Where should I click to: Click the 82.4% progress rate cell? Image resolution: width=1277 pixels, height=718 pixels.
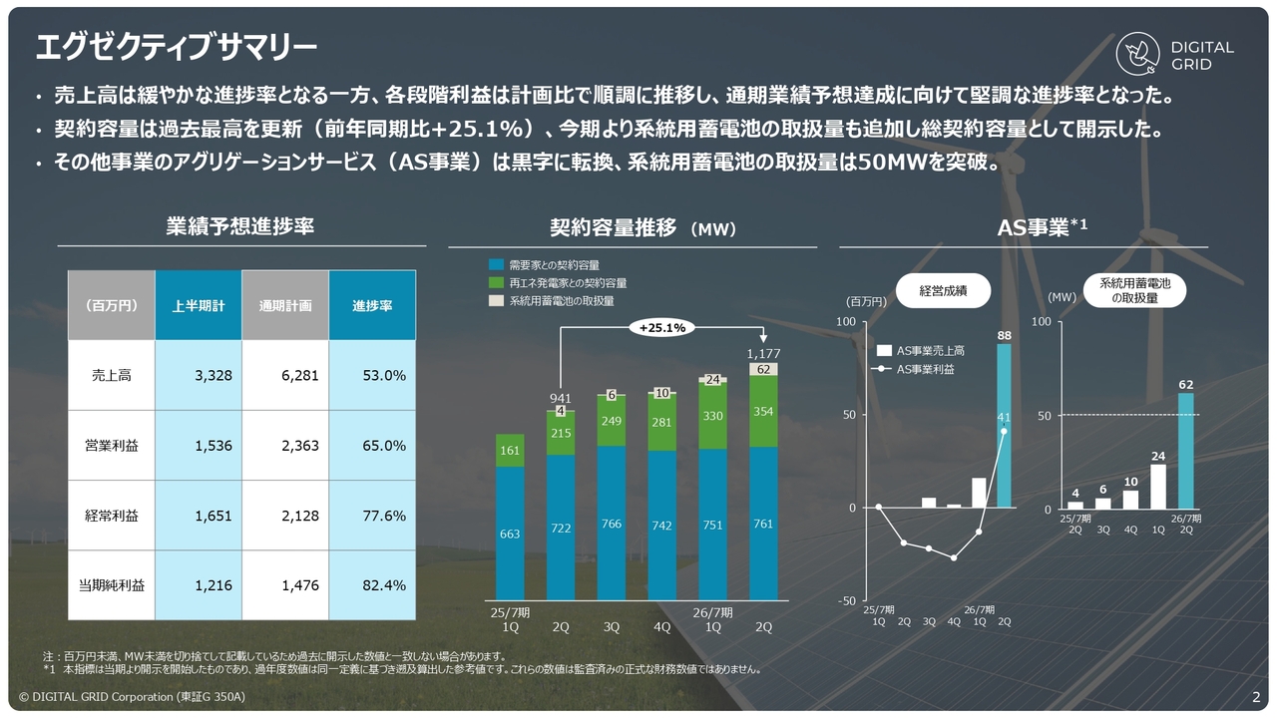click(372, 585)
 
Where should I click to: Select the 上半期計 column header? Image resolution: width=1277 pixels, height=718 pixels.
click(198, 305)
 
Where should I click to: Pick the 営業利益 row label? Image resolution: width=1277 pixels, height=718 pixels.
click(112, 446)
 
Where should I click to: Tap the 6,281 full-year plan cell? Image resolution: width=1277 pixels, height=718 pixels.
click(284, 376)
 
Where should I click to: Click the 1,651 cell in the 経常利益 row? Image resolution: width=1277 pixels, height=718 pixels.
click(198, 516)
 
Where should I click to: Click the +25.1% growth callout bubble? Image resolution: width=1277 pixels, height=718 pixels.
click(662, 327)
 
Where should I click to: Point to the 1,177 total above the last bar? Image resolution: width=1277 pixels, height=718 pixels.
click(763, 354)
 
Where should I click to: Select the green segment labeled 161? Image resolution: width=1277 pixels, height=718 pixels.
click(510, 450)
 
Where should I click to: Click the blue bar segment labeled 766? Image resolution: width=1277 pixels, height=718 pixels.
click(612, 524)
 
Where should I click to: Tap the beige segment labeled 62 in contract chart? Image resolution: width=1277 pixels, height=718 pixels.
click(763, 369)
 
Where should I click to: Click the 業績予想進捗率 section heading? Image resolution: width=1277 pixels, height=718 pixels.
click(239, 226)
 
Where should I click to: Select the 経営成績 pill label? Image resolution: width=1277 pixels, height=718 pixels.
click(942, 290)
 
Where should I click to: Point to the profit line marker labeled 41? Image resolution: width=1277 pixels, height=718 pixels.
click(1004, 431)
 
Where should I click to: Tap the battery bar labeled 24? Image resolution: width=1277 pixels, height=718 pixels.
click(1157, 487)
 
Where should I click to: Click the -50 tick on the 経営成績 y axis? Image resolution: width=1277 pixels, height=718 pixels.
click(846, 600)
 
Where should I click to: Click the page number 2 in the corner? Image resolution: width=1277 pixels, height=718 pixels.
click(1255, 697)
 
